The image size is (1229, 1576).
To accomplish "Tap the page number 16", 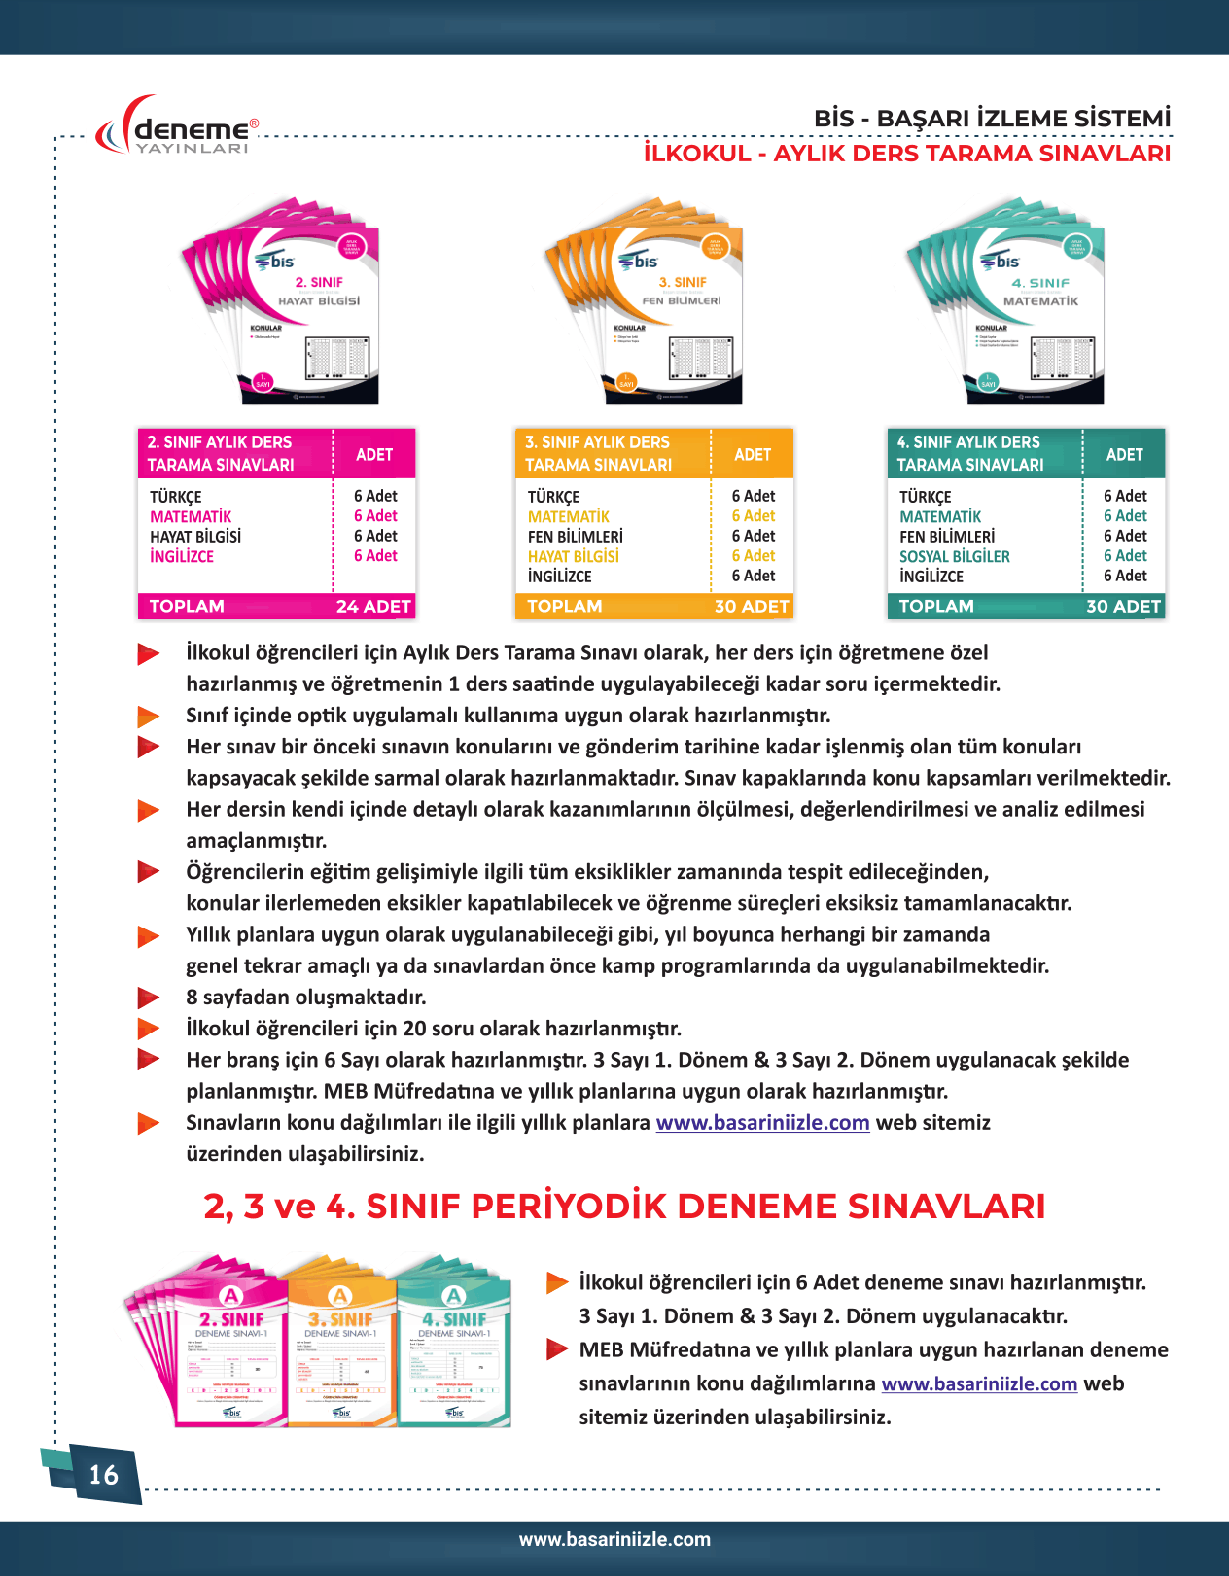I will [103, 1475].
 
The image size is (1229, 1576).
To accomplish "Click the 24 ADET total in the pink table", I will [373, 607].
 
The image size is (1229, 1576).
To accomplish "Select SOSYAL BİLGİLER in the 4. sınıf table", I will [954, 557].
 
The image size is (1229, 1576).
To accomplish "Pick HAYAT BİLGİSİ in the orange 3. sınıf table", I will [573, 557].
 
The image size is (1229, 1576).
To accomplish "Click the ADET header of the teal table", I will [1124, 454].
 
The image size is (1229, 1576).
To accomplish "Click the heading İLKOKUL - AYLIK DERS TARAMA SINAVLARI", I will [906, 154].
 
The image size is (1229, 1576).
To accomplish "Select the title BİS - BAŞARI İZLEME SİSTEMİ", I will [992, 119].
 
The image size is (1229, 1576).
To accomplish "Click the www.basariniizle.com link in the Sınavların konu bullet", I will [762, 1123].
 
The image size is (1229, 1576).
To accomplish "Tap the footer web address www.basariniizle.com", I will [614, 1539].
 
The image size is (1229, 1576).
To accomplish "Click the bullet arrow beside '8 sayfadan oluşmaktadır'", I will [148, 998].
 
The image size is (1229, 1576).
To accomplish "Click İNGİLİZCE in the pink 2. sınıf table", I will [182, 557].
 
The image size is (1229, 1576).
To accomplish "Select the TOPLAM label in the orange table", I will [564, 607].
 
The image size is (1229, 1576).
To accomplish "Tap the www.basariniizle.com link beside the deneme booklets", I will [979, 1383].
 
